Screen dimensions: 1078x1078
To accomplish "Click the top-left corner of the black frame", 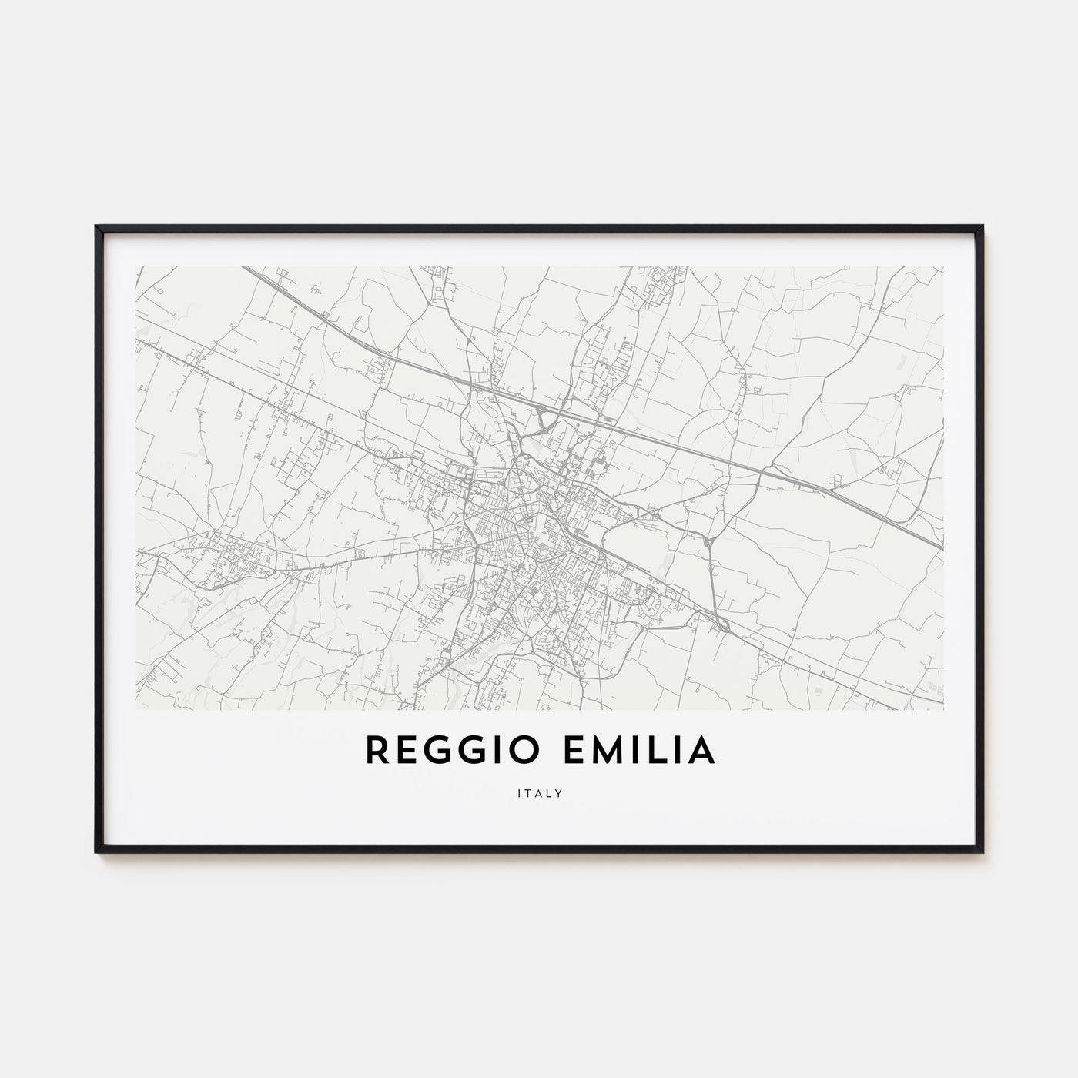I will pos(97,227).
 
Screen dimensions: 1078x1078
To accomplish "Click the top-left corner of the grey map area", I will pos(136,267).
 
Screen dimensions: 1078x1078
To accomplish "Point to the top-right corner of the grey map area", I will pos(943,267).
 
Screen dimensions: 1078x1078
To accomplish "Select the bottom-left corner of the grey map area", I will pos(136,708).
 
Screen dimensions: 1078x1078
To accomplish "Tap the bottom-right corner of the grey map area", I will pos(943,708).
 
